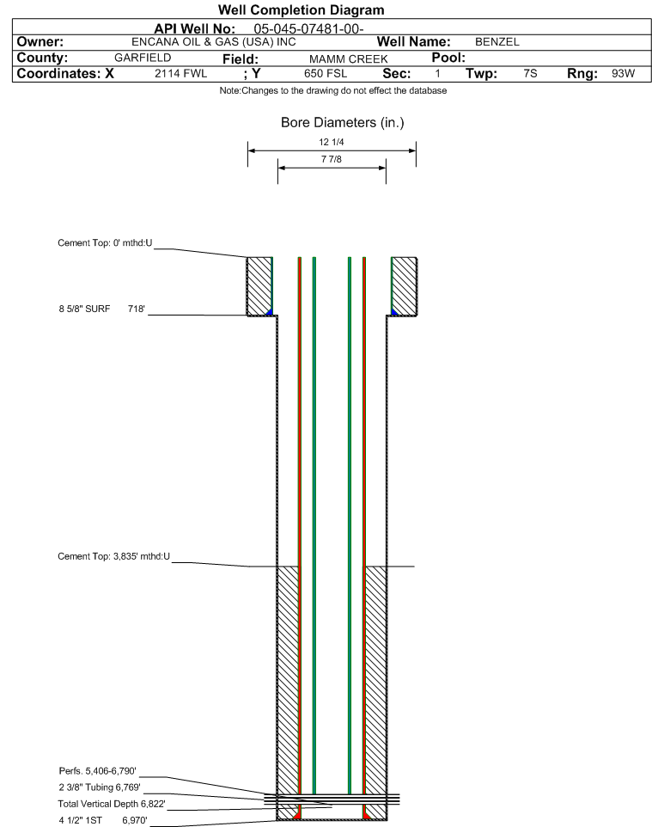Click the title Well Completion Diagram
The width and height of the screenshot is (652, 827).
301,10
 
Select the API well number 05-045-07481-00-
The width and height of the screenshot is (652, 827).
308,29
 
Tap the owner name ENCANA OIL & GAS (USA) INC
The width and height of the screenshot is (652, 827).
214,41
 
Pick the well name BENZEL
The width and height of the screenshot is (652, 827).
497,41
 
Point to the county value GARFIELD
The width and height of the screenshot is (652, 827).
143,58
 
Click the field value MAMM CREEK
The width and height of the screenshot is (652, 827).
349,59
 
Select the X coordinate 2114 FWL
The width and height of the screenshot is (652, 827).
180,73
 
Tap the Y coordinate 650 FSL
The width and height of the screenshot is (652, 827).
326,73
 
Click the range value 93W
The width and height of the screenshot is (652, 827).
623,73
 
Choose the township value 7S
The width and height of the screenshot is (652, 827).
530,73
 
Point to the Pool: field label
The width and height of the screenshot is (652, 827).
448,58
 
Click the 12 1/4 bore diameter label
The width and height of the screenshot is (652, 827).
332,142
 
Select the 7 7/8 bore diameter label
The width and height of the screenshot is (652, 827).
332,159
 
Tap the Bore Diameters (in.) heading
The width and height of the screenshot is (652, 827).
343,122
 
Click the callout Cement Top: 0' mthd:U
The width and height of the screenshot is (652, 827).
105,243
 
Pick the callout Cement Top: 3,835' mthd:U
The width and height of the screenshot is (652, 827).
114,556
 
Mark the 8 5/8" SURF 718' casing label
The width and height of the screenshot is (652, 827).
101,309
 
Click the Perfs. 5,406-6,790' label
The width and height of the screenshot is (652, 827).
98,771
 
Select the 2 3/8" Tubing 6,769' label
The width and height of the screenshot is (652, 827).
100,787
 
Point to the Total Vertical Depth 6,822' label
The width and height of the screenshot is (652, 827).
112,804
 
